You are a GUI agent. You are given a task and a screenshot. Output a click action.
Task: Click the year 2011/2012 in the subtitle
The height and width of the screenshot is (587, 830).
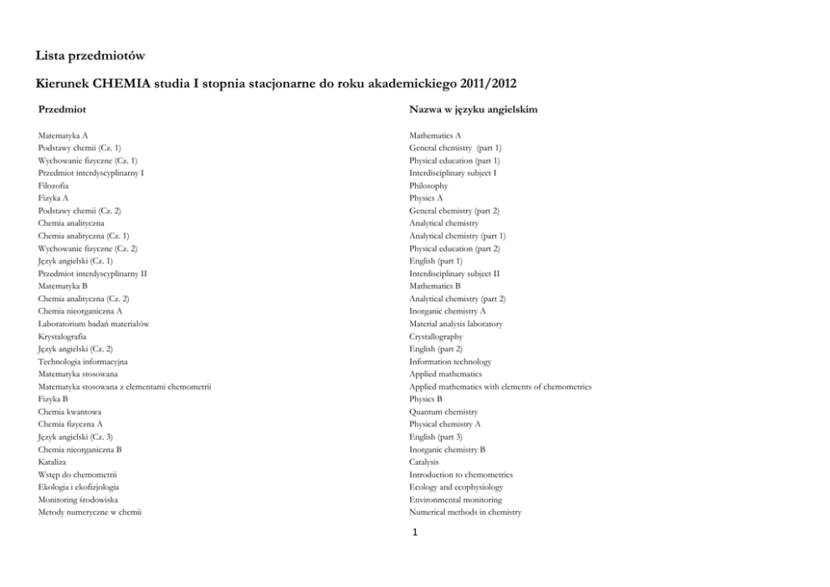tap(491, 84)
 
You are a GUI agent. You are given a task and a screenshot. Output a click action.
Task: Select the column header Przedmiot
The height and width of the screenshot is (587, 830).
tap(63, 110)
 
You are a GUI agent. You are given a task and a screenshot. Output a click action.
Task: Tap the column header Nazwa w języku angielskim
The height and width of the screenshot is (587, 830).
tap(473, 110)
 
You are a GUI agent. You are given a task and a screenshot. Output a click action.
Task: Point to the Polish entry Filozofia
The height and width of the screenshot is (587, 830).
tap(54, 186)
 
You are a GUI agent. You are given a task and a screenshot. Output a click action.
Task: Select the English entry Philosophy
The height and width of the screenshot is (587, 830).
tap(428, 186)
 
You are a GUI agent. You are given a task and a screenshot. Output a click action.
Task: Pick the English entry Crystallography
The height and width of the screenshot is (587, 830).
tap(436, 336)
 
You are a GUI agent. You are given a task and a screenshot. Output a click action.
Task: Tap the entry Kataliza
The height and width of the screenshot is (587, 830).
tap(52, 462)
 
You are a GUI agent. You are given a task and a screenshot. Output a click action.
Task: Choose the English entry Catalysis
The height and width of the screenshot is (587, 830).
tap(423, 462)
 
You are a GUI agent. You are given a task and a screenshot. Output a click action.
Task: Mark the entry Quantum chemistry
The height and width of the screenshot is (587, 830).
tap(443, 411)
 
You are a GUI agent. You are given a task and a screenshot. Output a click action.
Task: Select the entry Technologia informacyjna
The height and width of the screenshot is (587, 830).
tap(83, 361)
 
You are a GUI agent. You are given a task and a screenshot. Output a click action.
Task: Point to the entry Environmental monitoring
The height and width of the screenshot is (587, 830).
tap(455, 499)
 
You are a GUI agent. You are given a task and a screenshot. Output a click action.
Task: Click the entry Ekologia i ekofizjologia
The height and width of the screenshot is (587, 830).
tap(79, 487)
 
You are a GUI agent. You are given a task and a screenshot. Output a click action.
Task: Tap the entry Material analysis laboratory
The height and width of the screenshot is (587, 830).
tap(456, 324)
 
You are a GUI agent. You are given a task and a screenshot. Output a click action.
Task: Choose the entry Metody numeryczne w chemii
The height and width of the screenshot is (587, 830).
tap(90, 512)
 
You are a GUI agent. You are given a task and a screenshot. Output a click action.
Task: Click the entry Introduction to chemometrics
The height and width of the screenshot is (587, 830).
tap(461, 474)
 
